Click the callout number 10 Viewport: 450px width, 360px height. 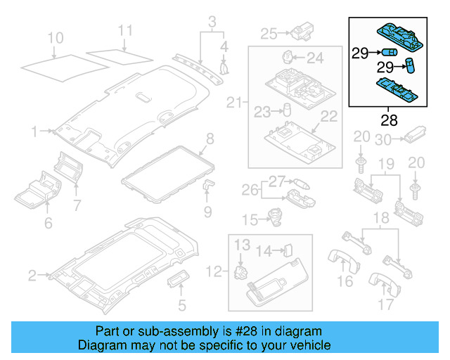tap(55, 37)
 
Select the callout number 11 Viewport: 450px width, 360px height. tap(124, 31)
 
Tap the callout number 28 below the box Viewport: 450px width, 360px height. tap(389, 120)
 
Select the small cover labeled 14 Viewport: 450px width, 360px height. tap(288, 249)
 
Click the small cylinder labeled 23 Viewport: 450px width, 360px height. tap(287, 110)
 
